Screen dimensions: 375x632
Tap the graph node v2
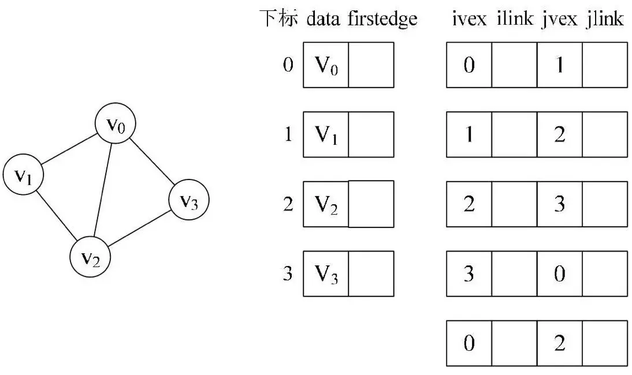tap(90, 257)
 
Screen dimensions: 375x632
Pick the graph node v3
tap(188, 200)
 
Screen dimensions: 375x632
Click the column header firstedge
tap(382, 20)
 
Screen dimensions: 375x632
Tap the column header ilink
tap(514, 20)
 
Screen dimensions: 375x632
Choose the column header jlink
tap(604, 20)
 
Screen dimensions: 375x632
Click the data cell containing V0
tap(326, 65)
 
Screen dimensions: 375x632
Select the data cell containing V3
tap(326, 273)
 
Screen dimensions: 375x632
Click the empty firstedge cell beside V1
tap(371, 134)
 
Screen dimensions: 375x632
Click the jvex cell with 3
tap(559, 204)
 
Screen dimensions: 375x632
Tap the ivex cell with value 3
tap(469, 273)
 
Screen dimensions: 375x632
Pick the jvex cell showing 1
tap(559, 65)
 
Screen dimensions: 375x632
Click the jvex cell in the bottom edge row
tap(559, 344)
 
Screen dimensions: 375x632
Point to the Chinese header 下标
tap(278, 20)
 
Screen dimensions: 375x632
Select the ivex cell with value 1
tap(469, 134)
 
